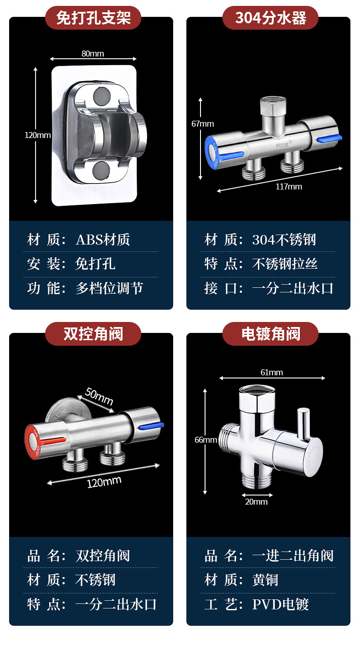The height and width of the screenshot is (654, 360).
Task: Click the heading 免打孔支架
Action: (x=93, y=18)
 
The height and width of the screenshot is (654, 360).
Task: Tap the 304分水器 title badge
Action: (x=270, y=18)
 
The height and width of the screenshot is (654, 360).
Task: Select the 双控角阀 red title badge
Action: (x=93, y=334)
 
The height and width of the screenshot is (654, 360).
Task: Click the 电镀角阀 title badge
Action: (x=270, y=334)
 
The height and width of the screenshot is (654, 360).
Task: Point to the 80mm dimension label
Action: (x=93, y=54)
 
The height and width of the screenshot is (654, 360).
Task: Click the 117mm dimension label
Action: (x=288, y=186)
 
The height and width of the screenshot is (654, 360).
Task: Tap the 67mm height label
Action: (x=203, y=124)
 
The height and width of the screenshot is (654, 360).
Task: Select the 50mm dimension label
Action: (x=98, y=396)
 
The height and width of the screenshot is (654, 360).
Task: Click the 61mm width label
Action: (x=272, y=373)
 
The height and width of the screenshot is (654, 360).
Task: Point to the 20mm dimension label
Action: (x=257, y=501)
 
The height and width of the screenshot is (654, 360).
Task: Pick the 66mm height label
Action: (x=206, y=439)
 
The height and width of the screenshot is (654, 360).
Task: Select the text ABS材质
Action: (x=103, y=240)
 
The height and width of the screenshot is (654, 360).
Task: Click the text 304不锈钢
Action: (x=283, y=240)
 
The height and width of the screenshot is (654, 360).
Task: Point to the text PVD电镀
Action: (x=280, y=604)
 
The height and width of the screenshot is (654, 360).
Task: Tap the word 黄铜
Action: (x=265, y=580)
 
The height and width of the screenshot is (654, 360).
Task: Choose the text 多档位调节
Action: (x=109, y=288)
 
